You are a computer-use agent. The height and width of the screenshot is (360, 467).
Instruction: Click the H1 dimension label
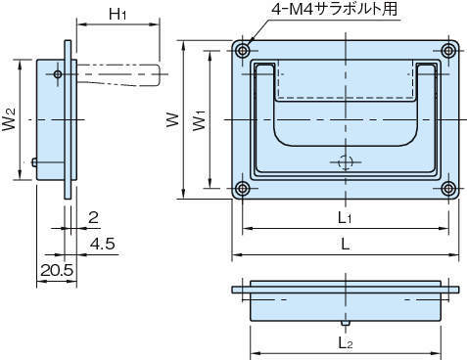(117, 14)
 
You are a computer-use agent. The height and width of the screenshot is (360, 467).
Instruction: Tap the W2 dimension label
(9, 119)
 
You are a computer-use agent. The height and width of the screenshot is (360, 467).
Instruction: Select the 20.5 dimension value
(57, 270)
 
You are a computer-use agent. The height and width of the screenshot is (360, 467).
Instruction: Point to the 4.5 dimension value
(103, 244)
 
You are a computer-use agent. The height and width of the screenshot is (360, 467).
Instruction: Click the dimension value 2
(93, 217)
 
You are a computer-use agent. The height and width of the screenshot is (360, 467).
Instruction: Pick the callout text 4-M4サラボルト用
(335, 9)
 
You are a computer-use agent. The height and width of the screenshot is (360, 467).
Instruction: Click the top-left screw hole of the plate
(243, 51)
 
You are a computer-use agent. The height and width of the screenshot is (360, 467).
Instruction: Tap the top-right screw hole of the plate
(448, 51)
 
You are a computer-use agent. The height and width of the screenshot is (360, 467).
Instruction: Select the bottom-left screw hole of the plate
(242, 188)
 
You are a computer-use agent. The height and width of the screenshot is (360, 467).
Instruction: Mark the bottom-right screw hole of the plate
(448, 188)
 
